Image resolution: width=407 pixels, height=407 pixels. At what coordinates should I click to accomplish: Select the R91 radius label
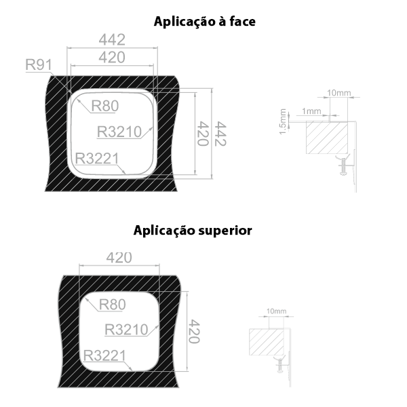39,66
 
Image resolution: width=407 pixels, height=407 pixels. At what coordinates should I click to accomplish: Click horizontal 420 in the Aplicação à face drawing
111,58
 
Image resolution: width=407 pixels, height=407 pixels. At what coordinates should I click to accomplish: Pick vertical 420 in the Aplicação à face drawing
202,134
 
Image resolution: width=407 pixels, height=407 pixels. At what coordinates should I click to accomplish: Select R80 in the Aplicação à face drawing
105,106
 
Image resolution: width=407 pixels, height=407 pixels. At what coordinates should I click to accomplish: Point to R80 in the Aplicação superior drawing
112,305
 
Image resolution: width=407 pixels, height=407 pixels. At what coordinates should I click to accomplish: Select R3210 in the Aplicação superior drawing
127,330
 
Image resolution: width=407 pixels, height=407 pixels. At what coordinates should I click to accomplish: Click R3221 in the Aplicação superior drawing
106,355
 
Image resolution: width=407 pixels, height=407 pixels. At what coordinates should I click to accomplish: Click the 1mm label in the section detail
312,111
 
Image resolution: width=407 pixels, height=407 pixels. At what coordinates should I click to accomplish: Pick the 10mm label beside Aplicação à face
338,92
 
